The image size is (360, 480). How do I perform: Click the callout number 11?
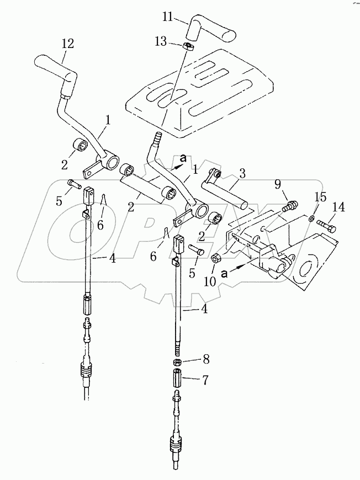(168, 17)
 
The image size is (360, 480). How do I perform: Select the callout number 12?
(67, 44)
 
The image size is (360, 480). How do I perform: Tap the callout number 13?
(161, 41)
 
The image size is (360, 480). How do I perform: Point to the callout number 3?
(242, 174)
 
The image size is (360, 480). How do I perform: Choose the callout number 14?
(339, 207)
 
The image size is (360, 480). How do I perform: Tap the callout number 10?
(210, 281)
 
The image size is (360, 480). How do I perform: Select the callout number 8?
(206, 360)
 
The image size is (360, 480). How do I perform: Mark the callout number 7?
(205, 380)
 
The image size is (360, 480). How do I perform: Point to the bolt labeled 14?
(327, 226)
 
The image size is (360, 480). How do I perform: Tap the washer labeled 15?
(311, 218)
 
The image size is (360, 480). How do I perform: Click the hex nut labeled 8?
(177, 362)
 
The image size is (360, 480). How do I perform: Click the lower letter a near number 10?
(225, 273)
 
